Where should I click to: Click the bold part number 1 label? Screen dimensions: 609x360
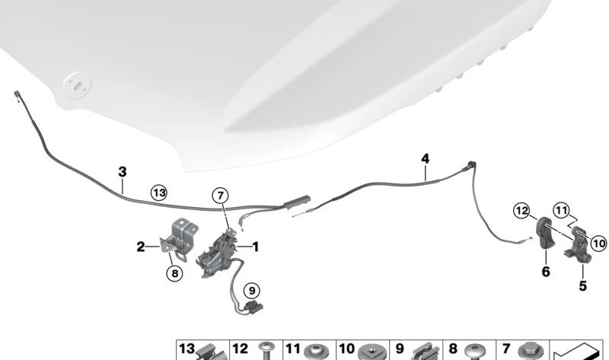pyautogui.click(x=255, y=247)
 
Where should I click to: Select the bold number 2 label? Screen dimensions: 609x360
pyautogui.click(x=141, y=247)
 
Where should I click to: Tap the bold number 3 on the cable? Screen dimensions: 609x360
pyautogui.click(x=123, y=172)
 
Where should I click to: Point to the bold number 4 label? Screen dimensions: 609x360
pyautogui.click(x=426, y=158)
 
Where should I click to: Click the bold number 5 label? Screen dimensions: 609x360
pyautogui.click(x=582, y=286)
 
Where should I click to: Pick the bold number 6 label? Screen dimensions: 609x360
pyautogui.click(x=546, y=272)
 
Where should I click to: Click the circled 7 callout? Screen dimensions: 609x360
pyautogui.click(x=220, y=196)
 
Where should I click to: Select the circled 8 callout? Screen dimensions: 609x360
pyautogui.click(x=175, y=274)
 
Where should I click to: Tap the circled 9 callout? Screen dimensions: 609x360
pyautogui.click(x=252, y=291)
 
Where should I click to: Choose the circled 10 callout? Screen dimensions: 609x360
pyautogui.click(x=598, y=244)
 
